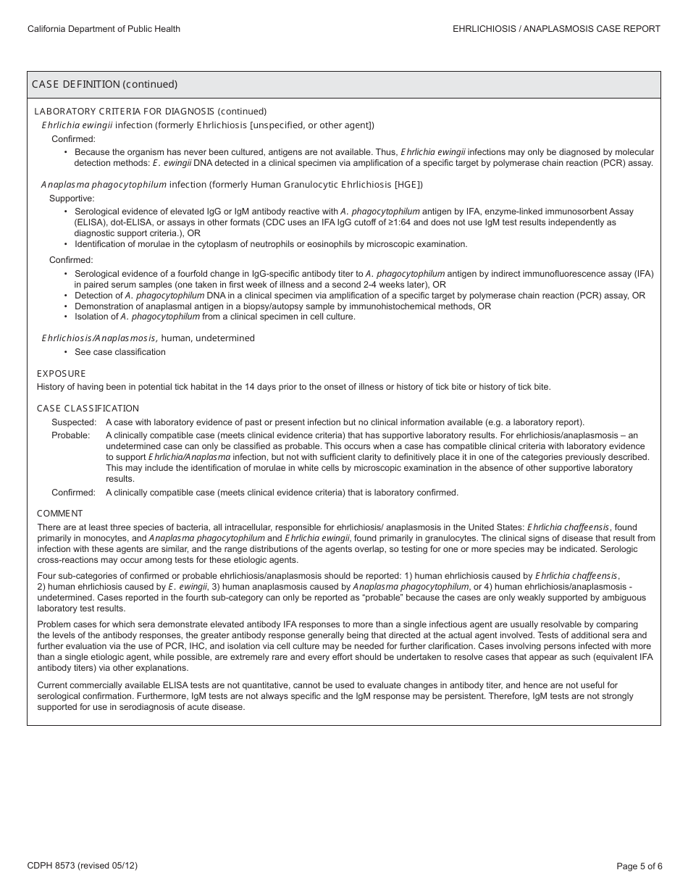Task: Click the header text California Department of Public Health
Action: [104, 29]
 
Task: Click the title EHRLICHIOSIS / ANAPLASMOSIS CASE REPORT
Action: [556, 29]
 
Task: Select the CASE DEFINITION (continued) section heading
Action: [104, 84]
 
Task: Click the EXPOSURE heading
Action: [62, 374]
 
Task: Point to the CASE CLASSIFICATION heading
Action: [88, 409]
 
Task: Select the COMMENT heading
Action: [60, 514]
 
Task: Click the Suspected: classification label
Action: [74, 422]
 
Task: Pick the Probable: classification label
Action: [71, 435]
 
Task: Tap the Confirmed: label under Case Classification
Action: [73, 493]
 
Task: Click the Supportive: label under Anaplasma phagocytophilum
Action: [72, 198]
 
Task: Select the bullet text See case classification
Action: [120, 352]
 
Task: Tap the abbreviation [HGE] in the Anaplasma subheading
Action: [409, 185]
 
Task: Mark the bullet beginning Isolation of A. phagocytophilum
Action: [215, 317]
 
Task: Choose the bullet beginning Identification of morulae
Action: [271, 244]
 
